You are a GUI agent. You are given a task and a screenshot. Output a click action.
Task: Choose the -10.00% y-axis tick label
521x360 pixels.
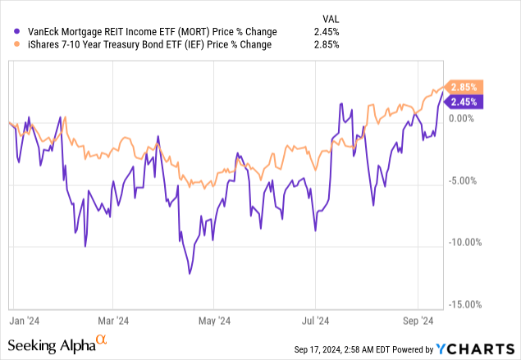coord(464,242)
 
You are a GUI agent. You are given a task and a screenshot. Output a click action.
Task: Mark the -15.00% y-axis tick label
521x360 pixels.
coord(464,304)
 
